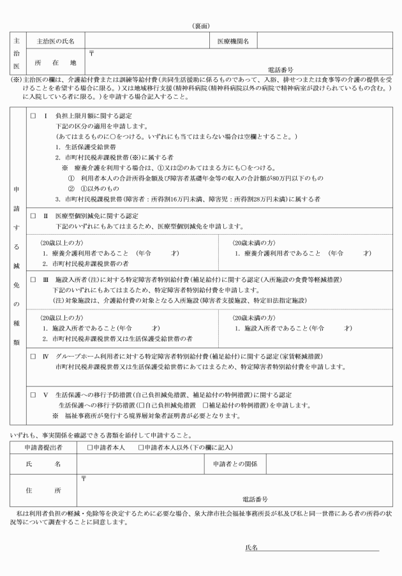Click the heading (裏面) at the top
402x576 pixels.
coord(201,26)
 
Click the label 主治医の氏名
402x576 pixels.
coord(56,41)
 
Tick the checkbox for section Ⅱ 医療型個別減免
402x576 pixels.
coord(33,216)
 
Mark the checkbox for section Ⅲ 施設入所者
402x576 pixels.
coord(33,279)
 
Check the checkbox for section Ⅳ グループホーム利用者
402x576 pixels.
coord(33,356)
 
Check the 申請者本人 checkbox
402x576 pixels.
coord(90,447)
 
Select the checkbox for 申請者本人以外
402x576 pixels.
coord(140,447)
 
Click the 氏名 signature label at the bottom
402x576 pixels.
coord(251,547)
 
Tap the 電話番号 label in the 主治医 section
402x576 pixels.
coord(281,69)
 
